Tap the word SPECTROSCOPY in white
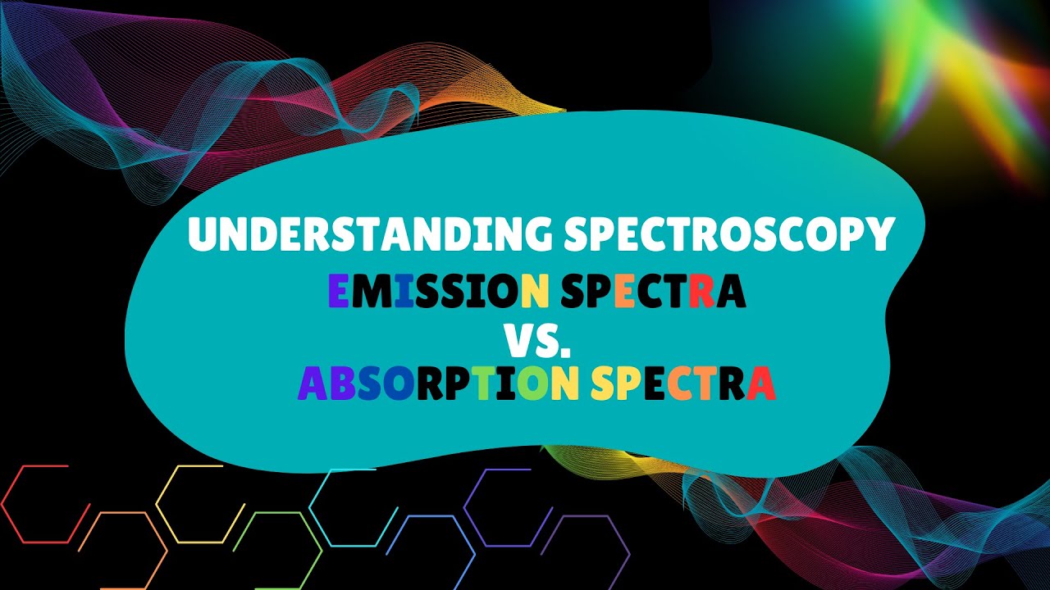(728, 235)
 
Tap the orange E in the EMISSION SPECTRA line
(624, 292)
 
